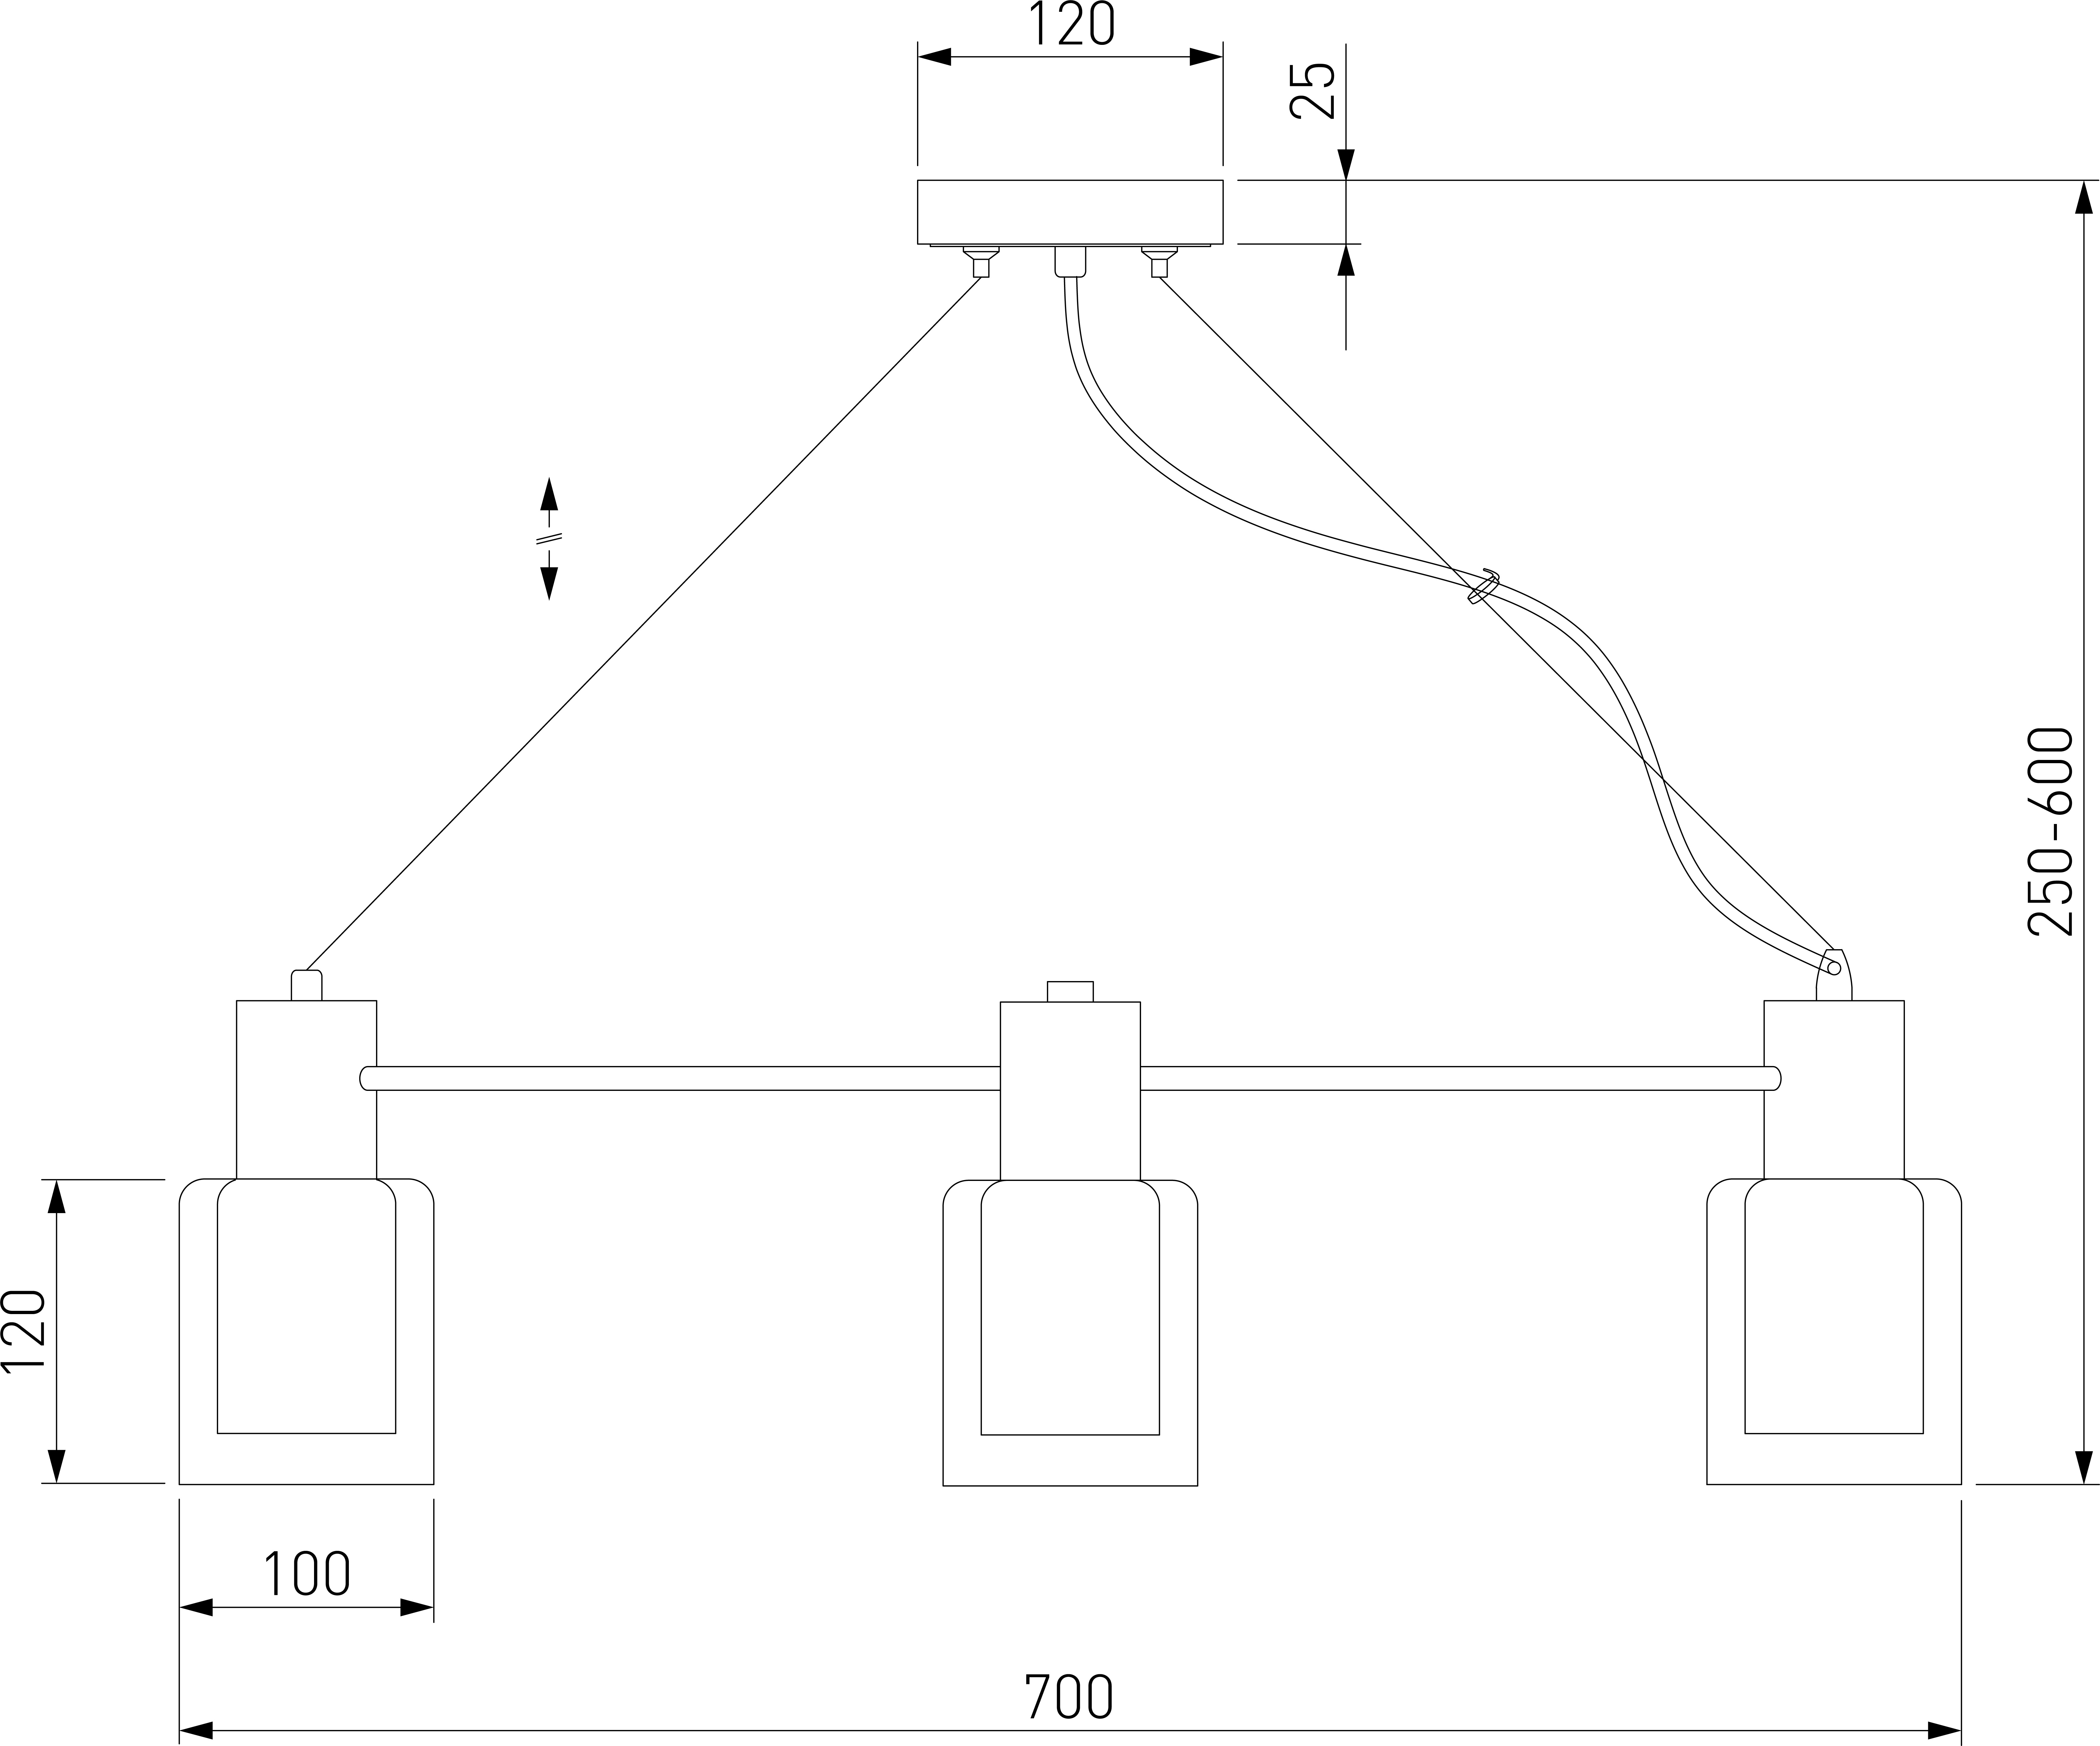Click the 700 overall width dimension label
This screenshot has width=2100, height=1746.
pos(1068,1697)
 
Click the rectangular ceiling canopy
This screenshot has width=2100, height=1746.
pos(1070,212)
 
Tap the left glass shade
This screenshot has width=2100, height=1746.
pos(306,1330)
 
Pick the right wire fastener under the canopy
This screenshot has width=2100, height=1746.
pos(1159,262)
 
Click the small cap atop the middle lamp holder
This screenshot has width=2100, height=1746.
pos(1070,991)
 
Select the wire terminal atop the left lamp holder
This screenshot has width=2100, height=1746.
pos(306,985)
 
